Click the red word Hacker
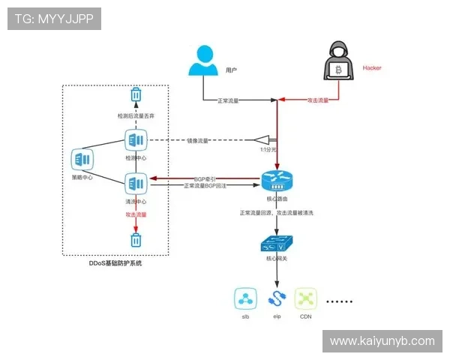(372, 67)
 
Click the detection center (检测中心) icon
(136, 140)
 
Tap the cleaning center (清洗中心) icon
(136, 182)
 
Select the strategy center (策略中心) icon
(82, 159)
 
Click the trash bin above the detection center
(136, 95)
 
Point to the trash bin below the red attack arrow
(136, 240)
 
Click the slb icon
(244, 299)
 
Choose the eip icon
(276, 299)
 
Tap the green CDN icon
(305, 299)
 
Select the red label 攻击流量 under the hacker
(319, 100)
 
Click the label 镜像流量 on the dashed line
(197, 140)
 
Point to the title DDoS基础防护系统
(115, 263)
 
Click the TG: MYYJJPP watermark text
(54, 19)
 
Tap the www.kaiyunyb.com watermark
(382, 341)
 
